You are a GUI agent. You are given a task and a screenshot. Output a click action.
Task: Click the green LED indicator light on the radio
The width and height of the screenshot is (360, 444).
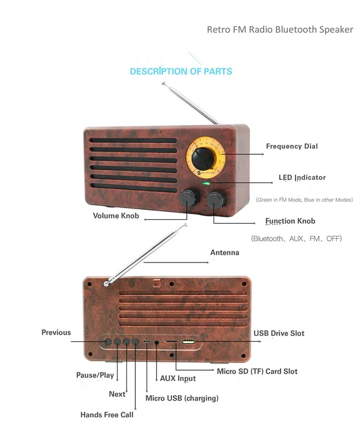(206, 184)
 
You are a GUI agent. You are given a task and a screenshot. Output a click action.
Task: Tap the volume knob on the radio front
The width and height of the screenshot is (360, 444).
(189, 198)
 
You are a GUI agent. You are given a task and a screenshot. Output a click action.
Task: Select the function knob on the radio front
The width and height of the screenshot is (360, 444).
(216, 199)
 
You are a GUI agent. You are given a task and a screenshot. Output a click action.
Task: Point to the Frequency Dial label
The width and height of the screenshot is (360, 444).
(292, 146)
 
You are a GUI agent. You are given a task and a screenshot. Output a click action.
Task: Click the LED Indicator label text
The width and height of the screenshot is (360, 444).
(302, 178)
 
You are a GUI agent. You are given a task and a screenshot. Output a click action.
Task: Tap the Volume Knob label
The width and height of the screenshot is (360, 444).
(116, 216)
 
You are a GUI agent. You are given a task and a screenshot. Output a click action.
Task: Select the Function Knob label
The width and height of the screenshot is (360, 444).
(290, 221)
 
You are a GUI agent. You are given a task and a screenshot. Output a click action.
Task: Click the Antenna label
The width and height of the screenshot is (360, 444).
(225, 253)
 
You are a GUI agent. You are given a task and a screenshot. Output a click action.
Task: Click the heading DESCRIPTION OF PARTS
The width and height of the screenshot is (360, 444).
(181, 72)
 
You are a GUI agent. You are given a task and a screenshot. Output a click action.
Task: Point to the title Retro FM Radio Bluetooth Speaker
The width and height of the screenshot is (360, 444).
(280, 29)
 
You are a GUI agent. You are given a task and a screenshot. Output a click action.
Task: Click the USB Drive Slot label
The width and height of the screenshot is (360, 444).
(279, 334)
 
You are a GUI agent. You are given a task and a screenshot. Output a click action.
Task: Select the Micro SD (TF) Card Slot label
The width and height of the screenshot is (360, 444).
(257, 371)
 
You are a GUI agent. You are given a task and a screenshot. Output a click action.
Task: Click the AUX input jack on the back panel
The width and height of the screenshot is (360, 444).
(156, 342)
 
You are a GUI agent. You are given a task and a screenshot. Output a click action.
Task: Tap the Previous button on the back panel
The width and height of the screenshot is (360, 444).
(108, 341)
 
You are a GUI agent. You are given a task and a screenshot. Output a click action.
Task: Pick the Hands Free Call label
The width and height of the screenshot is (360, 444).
(107, 415)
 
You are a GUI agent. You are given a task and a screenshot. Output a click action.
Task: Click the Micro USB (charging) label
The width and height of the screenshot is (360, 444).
(182, 398)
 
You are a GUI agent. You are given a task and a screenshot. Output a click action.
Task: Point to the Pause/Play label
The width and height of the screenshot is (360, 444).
(95, 375)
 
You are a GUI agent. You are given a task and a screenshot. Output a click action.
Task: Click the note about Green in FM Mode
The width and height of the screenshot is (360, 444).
(304, 200)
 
